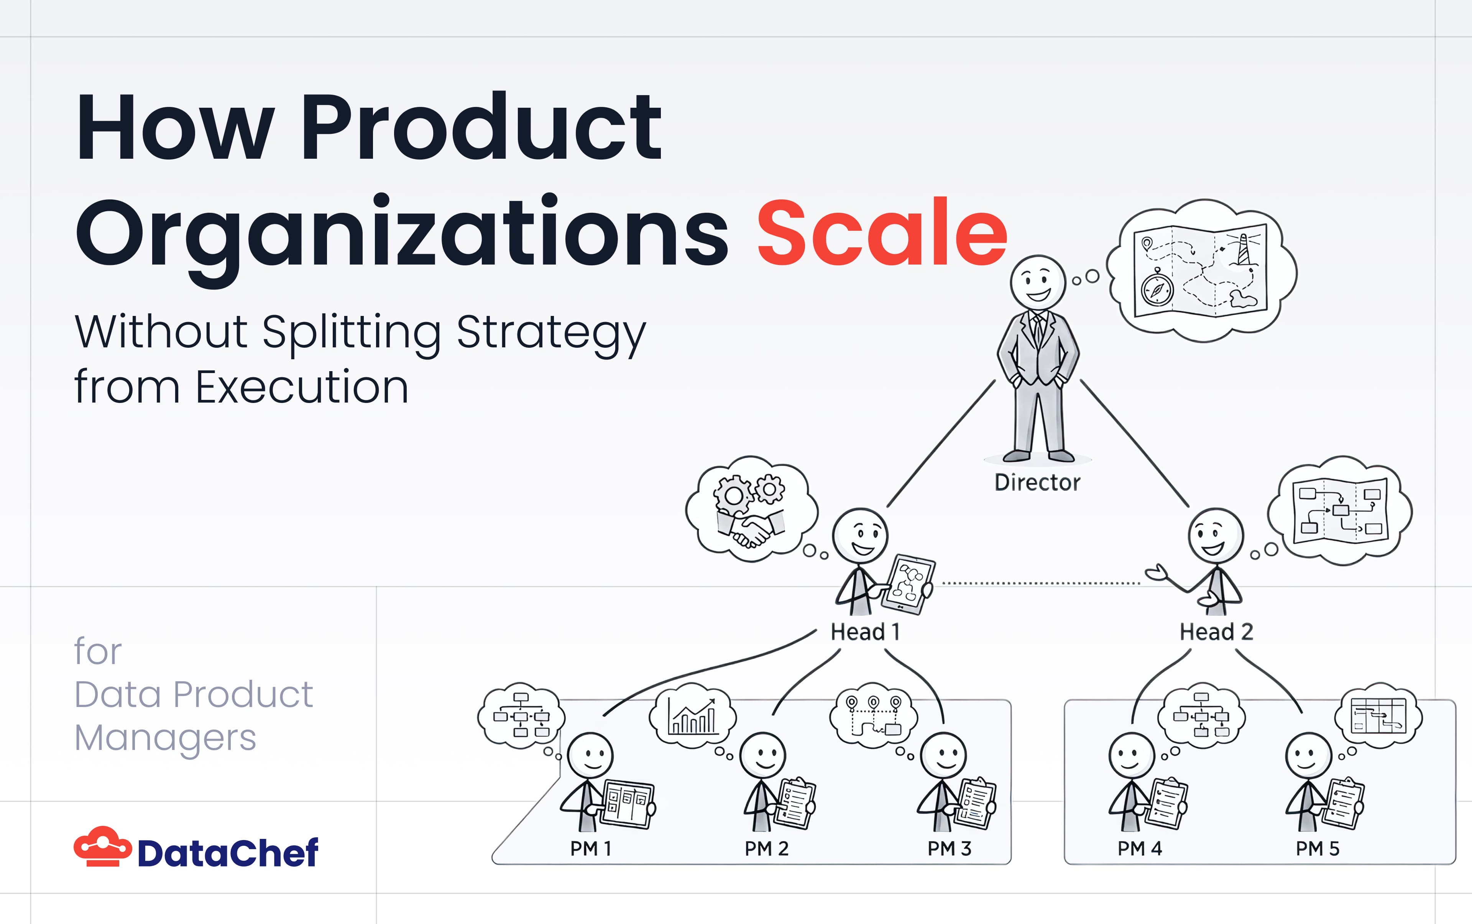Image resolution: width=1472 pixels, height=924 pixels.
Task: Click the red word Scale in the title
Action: [x=882, y=233]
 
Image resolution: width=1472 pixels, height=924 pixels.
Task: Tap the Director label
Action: [x=1037, y=483]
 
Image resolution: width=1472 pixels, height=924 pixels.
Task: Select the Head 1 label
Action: [x=865, y=632]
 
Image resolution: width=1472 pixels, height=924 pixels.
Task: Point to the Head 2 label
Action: [x=1216, y=632]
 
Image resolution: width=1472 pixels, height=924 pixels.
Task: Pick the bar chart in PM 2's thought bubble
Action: [x=692, y=716]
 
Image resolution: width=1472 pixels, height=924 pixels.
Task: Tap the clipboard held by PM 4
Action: [x=1167, y=803]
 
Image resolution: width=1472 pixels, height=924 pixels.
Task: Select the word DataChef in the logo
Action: [x=227, y=853]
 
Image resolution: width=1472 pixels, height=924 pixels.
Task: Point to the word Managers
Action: [x=165, y=738]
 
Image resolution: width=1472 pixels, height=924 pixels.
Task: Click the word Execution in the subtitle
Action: [x=302, y=388]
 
